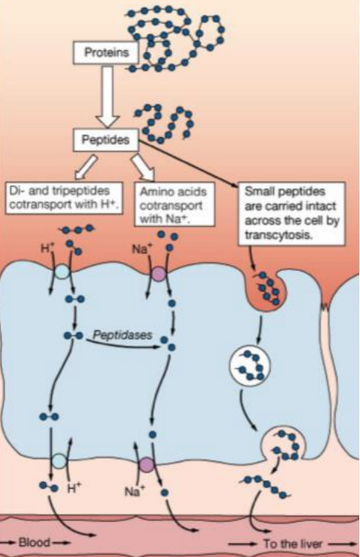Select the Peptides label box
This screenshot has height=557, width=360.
coord(106,139)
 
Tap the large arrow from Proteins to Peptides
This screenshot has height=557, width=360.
coord(108,97)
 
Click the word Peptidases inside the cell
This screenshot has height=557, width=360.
coord(122,335)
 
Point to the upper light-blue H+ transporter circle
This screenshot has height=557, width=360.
coord(62,271)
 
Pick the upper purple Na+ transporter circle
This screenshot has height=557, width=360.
coord(159,274)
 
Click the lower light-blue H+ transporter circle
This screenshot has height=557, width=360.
coord(59,462)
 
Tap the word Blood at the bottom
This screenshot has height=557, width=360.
coord(34,542)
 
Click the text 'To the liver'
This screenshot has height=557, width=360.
coord(293,544)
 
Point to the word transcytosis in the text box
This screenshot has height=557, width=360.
coord(279,235)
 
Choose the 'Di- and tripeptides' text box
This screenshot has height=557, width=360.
coord(64,198)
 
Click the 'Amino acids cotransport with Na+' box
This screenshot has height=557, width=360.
coord(175,204)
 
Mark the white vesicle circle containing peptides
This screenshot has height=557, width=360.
coord(250,365)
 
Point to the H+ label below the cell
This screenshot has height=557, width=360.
coord(74,488)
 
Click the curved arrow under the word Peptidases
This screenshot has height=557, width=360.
coord(123,344)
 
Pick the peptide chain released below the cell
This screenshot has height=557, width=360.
coord(267,486)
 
